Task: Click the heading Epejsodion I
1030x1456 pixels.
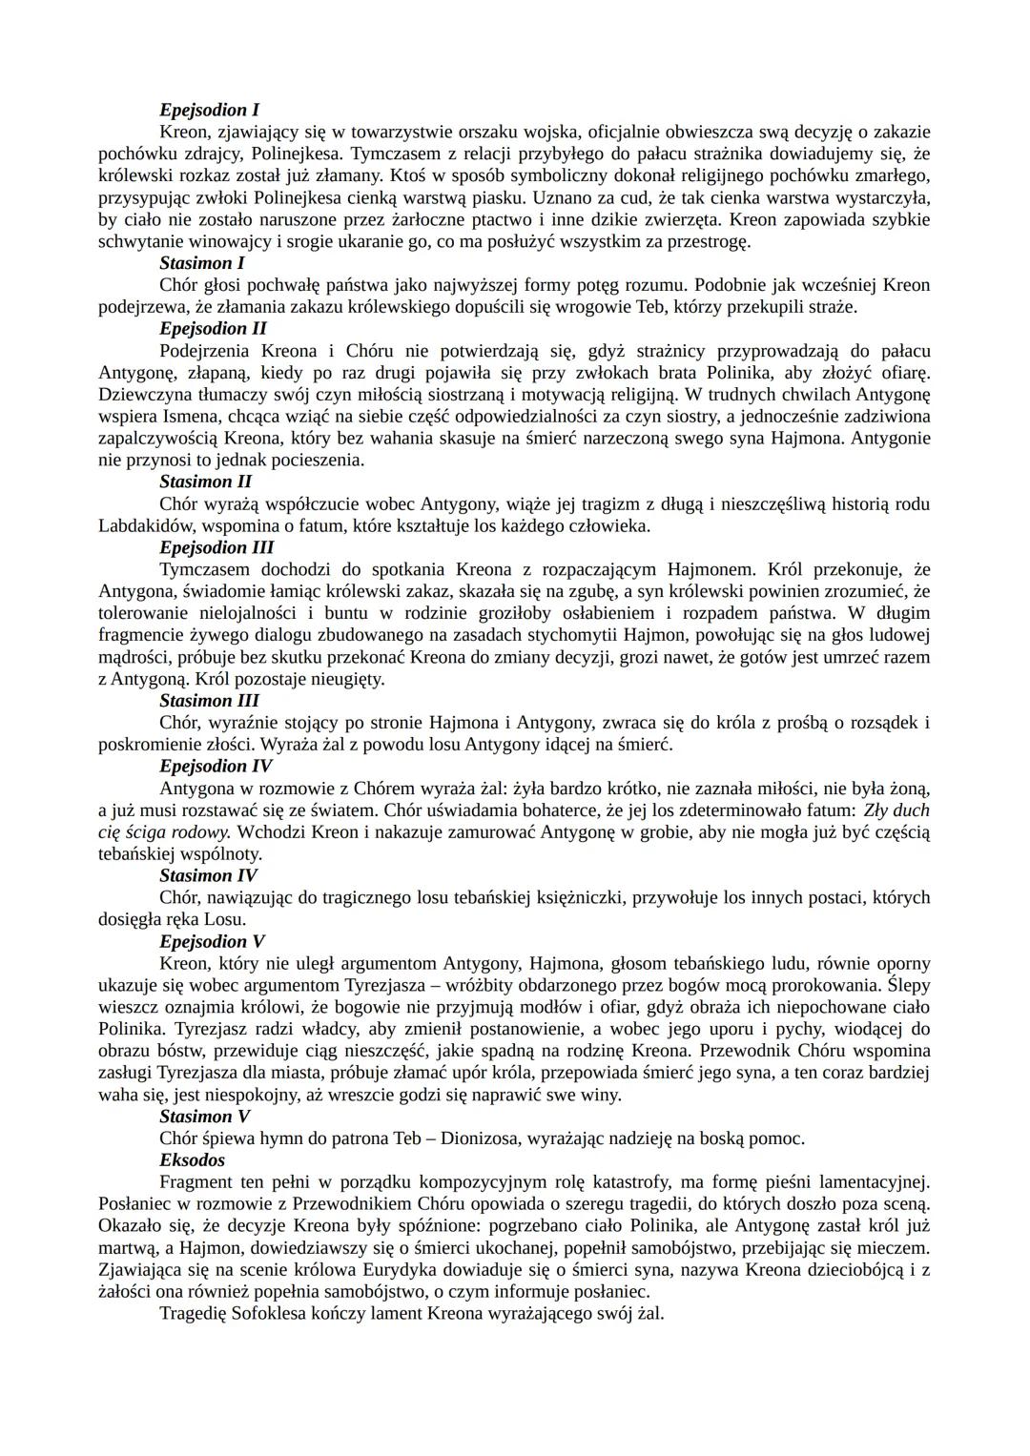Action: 209,110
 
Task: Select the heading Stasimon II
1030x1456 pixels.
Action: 205,482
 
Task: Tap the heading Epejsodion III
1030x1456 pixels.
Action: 216,547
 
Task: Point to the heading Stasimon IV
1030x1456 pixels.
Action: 208,875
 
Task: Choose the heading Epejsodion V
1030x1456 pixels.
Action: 212,941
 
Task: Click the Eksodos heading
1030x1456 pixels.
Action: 192,1160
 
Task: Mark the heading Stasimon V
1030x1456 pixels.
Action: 204,1117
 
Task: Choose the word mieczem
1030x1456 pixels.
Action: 896,1248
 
